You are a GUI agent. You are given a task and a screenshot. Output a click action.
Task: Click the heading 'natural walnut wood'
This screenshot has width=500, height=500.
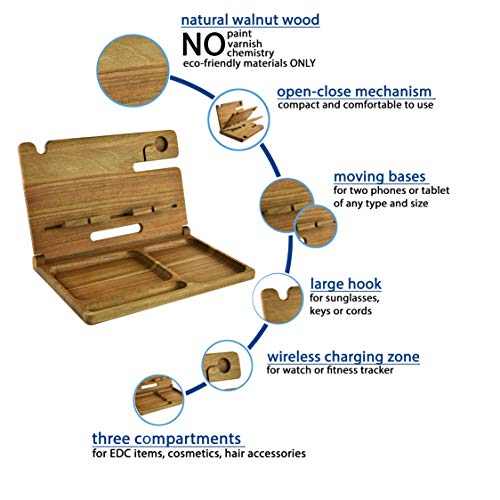coord(250,20)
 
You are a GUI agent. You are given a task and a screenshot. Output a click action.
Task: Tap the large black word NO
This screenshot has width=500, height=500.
coord(203,45)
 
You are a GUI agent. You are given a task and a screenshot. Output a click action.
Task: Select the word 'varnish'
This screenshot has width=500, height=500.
coord(245,44)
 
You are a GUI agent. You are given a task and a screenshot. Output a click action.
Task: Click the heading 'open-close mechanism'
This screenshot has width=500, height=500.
coord(354,92)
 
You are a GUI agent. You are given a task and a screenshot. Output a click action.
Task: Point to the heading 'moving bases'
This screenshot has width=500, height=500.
coord(380,177)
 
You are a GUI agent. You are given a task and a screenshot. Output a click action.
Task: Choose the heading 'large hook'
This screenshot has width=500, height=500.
coord(346,284)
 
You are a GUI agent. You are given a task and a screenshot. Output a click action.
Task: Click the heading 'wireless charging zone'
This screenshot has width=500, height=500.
coord(343,357)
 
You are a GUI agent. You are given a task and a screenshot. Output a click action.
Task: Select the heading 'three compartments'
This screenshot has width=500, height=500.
coord(166,439)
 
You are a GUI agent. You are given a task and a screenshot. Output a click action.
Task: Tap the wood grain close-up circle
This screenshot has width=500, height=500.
coord(133,71)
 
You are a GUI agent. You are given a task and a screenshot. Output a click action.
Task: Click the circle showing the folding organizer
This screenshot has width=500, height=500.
coord(239,119)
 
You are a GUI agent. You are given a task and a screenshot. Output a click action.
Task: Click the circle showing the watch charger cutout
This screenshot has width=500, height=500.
coord(227,365)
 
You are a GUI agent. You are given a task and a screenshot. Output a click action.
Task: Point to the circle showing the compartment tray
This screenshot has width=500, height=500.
coord(158,399)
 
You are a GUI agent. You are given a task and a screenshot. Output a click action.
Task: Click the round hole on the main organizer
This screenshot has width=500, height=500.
coord(161,144)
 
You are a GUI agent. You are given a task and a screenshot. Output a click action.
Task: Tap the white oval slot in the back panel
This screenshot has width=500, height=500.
coord(116,232)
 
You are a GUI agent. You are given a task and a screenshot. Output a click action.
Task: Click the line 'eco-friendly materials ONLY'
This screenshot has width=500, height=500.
coord(249,63)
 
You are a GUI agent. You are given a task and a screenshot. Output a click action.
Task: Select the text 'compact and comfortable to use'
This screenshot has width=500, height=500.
coord(355,105)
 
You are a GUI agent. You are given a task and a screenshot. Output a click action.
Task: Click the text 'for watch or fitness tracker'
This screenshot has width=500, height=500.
coord(330,370)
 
